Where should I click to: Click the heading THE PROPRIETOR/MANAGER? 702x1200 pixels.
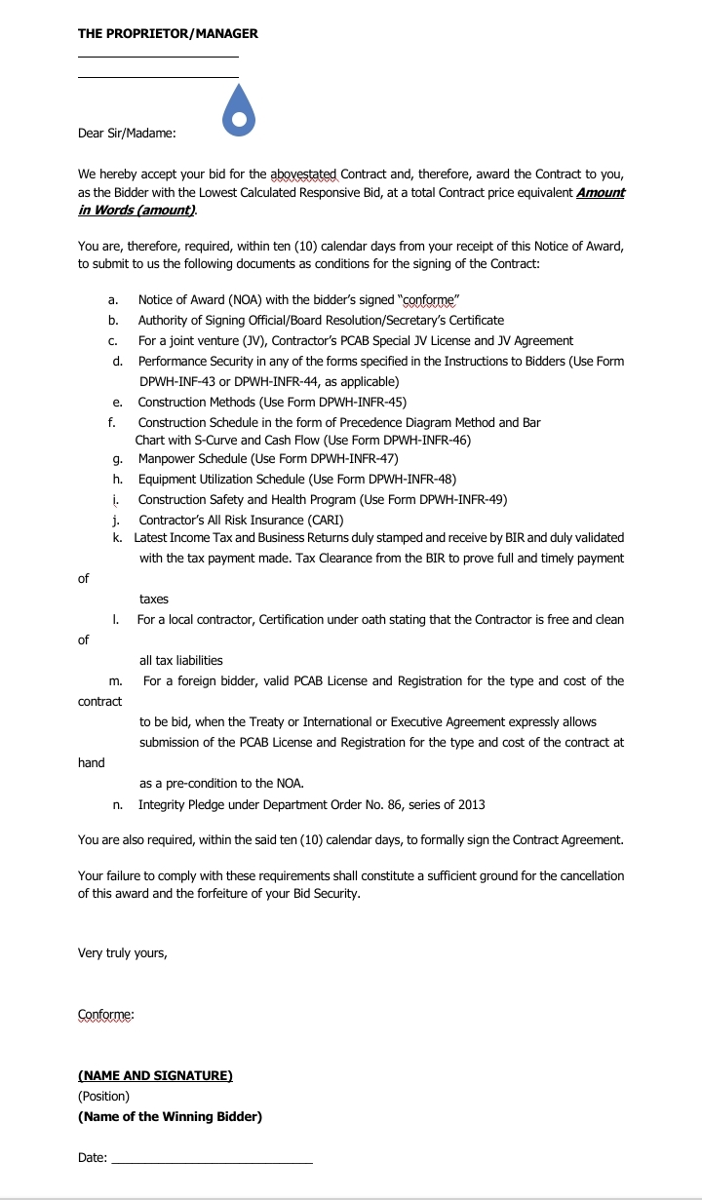tap(168, 33)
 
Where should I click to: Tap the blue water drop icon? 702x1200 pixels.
tap(238, 110)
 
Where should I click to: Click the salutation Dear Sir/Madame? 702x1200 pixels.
tap(127, 134)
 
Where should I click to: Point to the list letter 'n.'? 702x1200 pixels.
tap(117, 804)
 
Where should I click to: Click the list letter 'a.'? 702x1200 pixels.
tap(113, 299)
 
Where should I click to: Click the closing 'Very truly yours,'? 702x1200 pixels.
tap(123, 953)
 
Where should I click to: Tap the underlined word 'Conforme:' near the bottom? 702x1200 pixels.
tap(106, 1015)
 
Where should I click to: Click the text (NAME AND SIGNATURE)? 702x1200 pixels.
tap(155, 1076)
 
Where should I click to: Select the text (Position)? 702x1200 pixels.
tap(103, 1096)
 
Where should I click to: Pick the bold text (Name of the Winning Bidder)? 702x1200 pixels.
tap(170, 1117)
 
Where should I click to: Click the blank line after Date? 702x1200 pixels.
tap(213, 1159)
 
